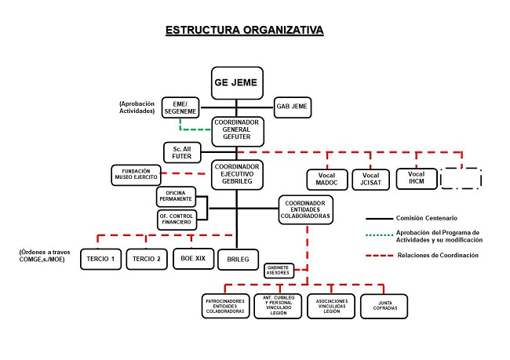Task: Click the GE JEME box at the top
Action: [x=236, y=82]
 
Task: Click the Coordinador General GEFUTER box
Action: [x=236, y=130]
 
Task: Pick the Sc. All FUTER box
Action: [x=181, y=152]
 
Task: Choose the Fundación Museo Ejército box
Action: [x=135, y=175]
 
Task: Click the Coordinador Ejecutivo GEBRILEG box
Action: [x=236, y=174]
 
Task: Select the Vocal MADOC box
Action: [x=325, y=179]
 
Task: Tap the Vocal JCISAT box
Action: [x=370, y=179]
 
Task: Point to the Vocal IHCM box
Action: [x=415, y=178]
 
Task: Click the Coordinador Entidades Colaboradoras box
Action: [x=305, y=209]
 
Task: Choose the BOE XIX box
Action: [x=192, y=259]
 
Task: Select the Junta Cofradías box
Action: [x=384, y=307]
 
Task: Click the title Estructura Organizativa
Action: [x=244, y=31]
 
